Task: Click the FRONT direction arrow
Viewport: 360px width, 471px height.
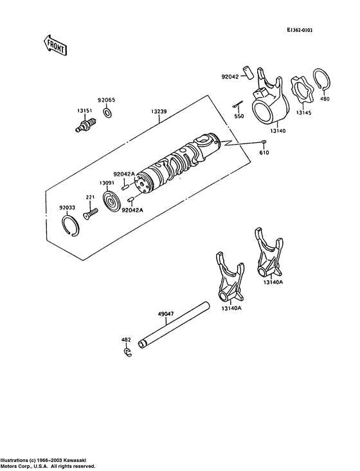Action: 54,45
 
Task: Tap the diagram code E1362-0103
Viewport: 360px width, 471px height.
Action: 299,30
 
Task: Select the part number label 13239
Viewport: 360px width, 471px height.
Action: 159,112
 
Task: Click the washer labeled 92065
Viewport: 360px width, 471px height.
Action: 107,113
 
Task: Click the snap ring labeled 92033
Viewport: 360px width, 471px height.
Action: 71,225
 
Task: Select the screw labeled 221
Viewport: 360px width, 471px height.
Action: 90,214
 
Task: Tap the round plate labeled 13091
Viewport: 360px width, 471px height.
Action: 112,201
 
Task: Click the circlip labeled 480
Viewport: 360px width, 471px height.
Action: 322,79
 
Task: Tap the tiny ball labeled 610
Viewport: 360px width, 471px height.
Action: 264,142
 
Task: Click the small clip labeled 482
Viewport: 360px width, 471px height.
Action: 127,353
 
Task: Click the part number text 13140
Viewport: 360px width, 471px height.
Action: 278,131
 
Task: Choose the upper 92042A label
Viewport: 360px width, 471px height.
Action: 124,174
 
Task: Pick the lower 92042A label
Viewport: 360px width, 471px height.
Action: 132,210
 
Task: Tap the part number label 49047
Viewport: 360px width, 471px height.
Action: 166,314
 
